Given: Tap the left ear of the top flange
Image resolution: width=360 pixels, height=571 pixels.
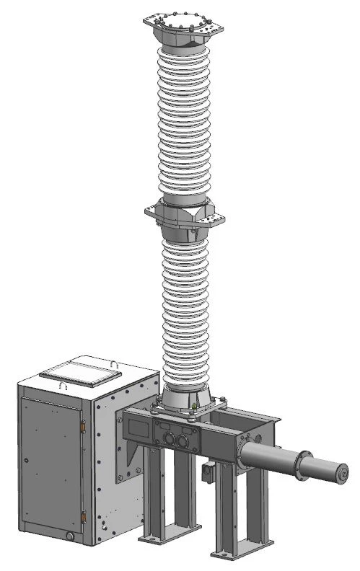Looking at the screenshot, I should click(x=152, y=24).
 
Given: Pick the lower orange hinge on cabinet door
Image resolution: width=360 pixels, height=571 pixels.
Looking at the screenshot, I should click(x=84, y=514).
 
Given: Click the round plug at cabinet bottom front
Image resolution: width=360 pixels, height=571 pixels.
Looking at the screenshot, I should click(x=69, y=536).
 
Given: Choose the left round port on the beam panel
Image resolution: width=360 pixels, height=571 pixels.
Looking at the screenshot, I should click(x=167, y=436).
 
